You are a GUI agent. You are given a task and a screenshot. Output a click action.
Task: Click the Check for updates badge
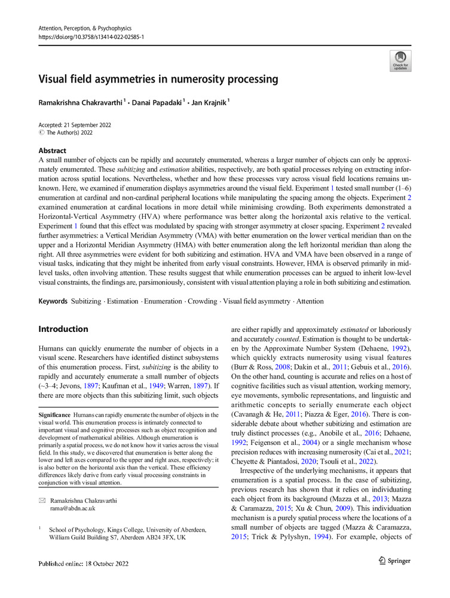[400, 61]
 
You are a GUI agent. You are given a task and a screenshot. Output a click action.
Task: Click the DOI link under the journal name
[91, 37]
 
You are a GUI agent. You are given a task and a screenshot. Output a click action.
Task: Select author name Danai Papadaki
[157, 102]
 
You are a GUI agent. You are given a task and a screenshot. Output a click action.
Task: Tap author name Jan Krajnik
[208, 102]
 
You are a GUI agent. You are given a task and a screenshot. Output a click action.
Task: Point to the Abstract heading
[52, 151]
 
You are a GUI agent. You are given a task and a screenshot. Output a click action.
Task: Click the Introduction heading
[63, 329]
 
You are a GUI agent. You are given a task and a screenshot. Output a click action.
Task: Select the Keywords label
[53, 301]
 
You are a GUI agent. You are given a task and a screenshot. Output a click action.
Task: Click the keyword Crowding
[202, 301]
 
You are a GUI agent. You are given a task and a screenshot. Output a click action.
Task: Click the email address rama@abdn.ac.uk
[73, 509]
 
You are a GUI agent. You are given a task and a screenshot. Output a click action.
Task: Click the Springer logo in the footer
[395, 561]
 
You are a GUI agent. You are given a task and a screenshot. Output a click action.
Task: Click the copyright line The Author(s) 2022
[69, 133]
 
